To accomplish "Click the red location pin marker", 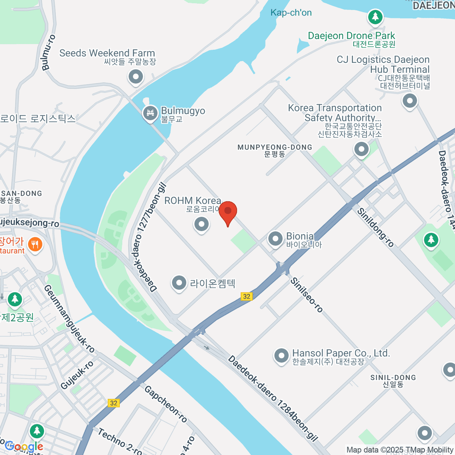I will tap(228, 212).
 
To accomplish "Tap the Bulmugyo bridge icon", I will tap(150, 113).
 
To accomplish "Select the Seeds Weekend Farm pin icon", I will tap(135, 77).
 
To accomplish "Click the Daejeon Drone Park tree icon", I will tap(375, 17).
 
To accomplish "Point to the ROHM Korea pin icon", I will tap(201, 224).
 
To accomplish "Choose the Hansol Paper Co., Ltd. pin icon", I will tap(281, 356).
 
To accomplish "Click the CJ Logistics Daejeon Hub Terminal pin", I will tap(409, 101).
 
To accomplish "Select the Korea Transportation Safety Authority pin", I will tap(361, 149).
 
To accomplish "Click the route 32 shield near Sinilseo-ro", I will tap(247, 296).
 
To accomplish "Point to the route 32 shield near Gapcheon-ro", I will tap(114, 403).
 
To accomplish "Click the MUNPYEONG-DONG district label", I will tap(275, 150).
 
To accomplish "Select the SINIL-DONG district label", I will tap(393, 381).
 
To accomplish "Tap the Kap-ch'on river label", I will tap(291, 13).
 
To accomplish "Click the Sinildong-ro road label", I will tap(375, 227).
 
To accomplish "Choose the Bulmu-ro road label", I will tap(49, 52).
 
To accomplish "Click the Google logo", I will tap(24, 447).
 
